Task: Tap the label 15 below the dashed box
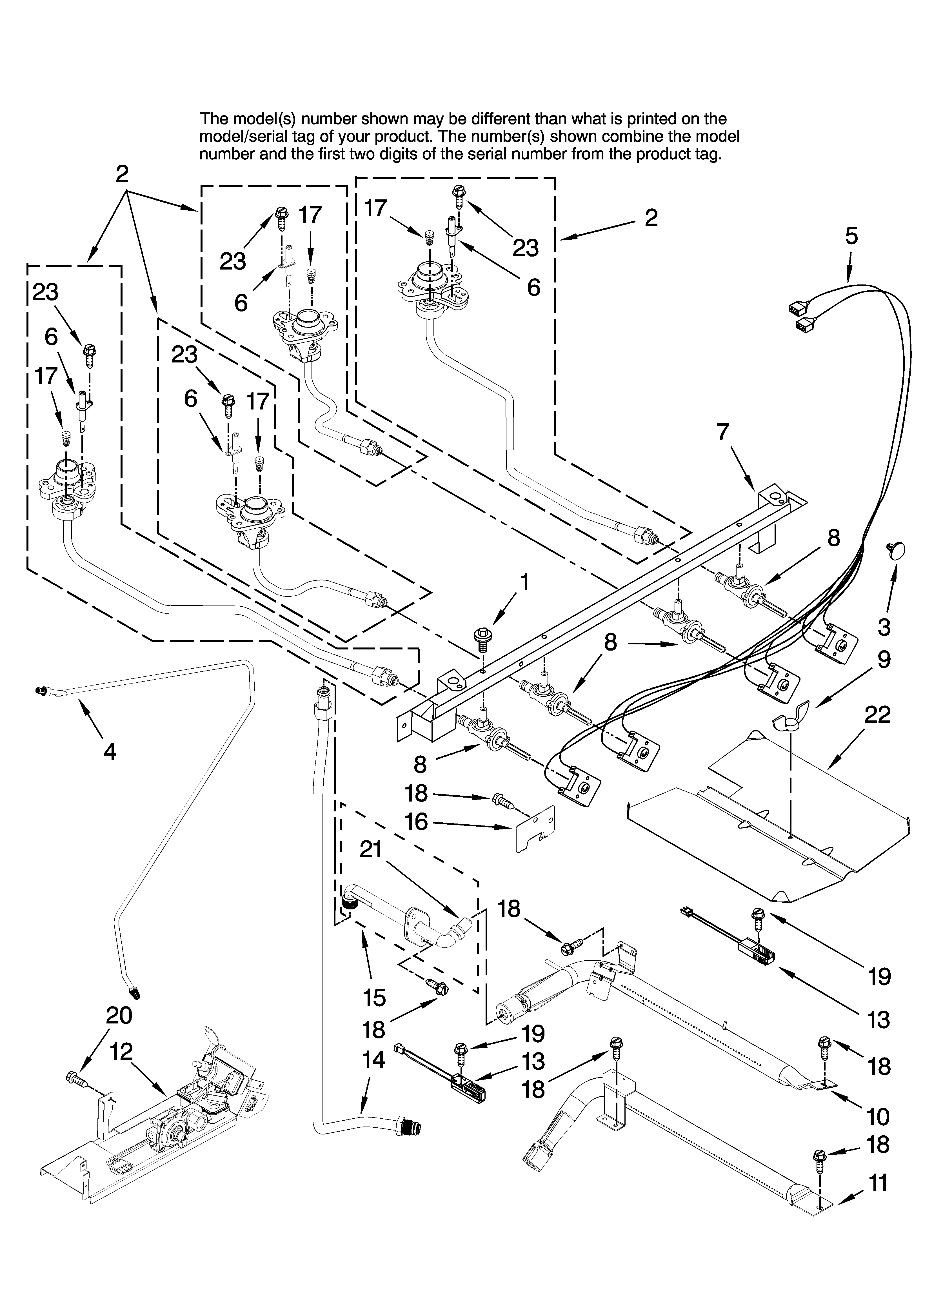pos(374,998)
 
